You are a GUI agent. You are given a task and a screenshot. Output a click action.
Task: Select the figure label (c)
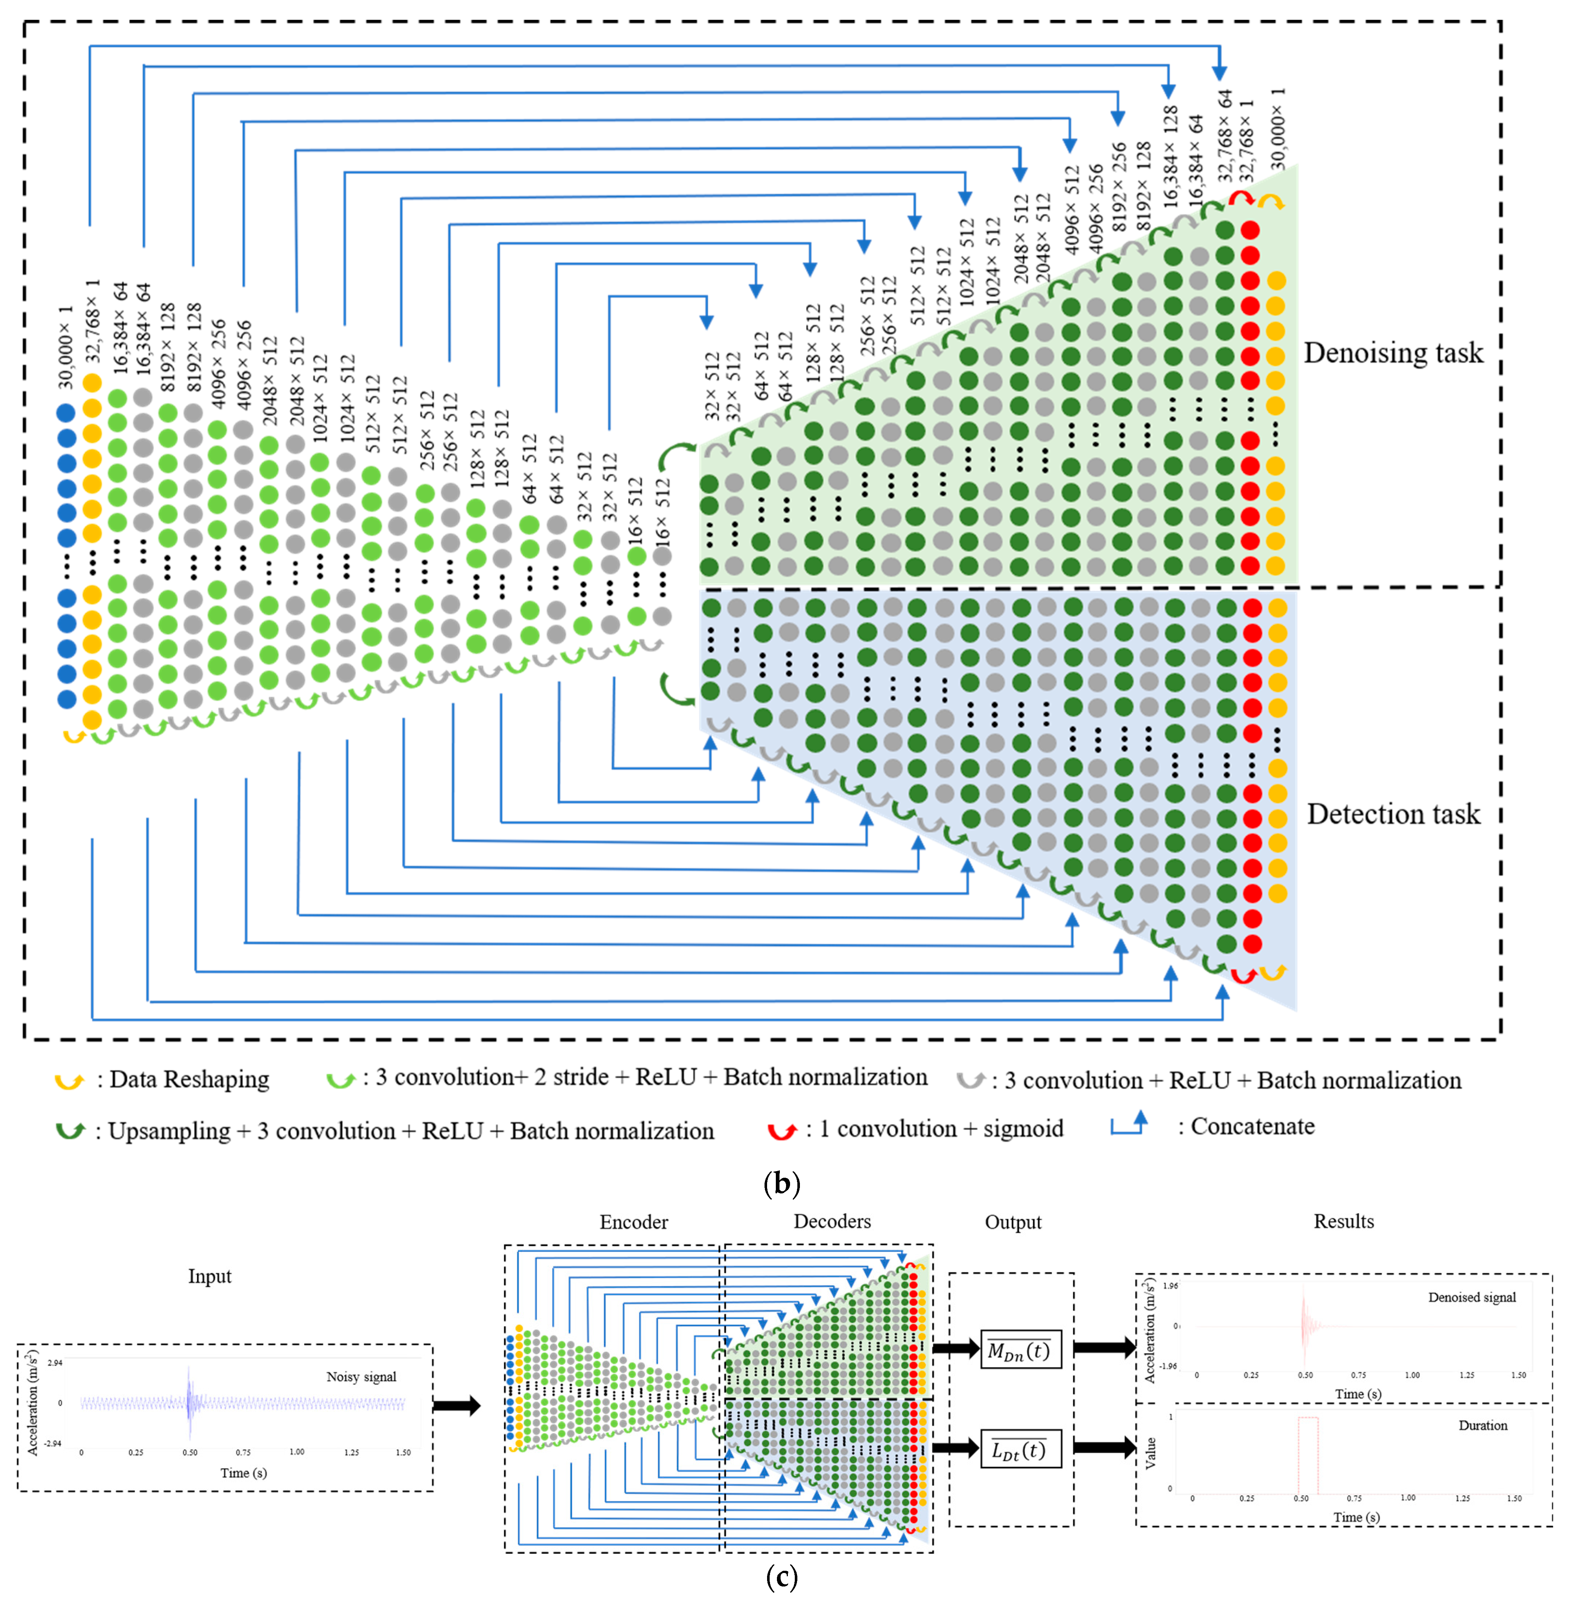point(781,1578)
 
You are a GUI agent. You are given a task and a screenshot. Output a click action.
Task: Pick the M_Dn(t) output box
point(1020,1351)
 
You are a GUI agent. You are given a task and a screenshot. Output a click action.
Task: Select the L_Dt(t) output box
point(1020,1450)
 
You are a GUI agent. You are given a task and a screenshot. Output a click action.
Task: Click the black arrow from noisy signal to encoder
point(456,1405)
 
